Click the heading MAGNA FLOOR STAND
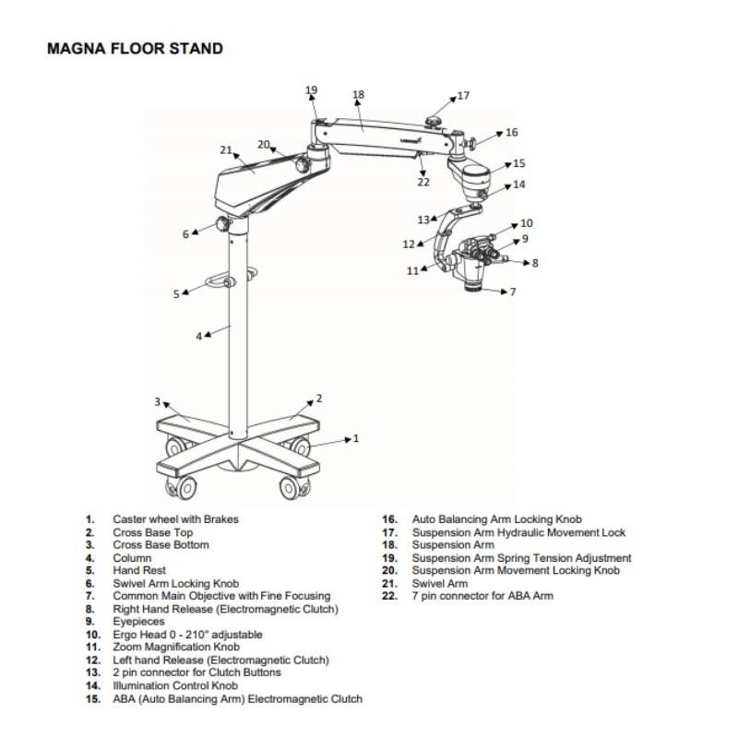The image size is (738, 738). point(135,48)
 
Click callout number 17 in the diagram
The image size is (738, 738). point(463,95)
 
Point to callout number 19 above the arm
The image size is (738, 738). point(312,90)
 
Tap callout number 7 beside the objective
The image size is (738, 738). point(513,292)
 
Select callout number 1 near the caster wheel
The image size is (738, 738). point(356,438)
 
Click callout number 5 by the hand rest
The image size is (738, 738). point(176,294)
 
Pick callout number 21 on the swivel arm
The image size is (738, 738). point(226,149)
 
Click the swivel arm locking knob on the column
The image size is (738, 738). point(221,224)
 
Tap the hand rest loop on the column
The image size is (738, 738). point(219,282)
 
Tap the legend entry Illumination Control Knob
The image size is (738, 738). point(175,685)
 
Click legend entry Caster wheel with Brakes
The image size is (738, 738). point(175,519)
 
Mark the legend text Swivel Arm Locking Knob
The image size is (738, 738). point(175,583)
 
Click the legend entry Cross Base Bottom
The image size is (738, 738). point(161,545)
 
